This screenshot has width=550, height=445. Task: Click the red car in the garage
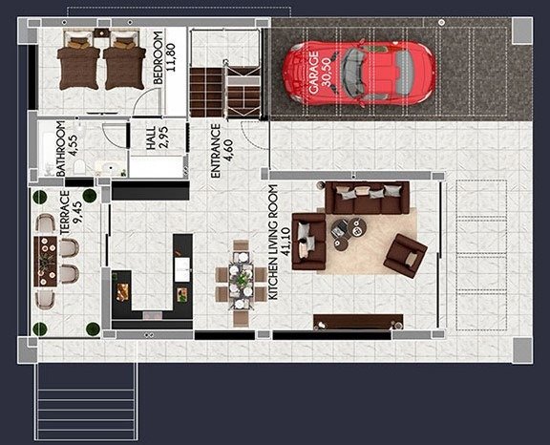click(358, 74)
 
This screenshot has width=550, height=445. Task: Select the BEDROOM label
click(158, 60)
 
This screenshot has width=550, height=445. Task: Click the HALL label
click(150, 142)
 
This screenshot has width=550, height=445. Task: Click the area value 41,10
click(287, 244)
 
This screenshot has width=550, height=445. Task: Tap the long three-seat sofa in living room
click(368, 198)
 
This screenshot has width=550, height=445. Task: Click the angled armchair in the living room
click(405, 254)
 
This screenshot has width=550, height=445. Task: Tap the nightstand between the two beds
click(99, 33)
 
